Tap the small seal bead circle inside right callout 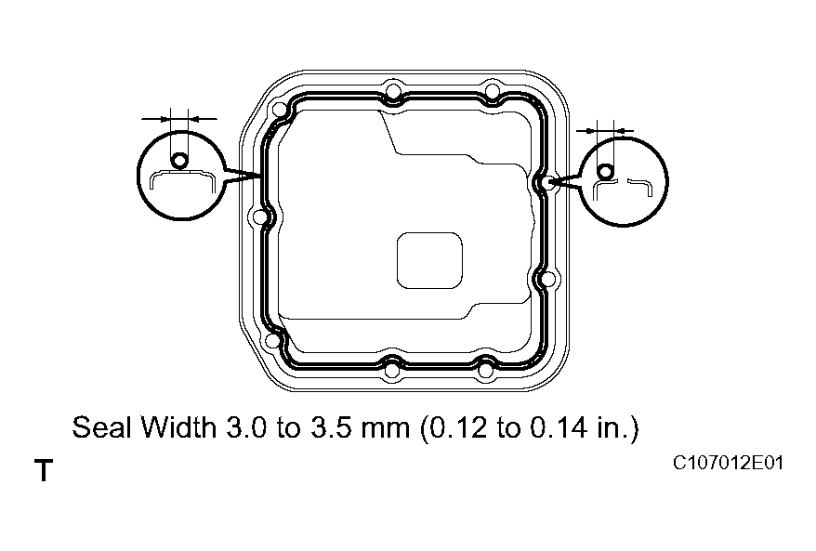(x=606, y=172)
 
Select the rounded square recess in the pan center (x=429, y=260)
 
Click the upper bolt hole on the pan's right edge (x=551, y=183)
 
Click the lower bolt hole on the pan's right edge (x=548, y=278)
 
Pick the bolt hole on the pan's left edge (x=258, y=217)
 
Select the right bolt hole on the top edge (x=492, y=92)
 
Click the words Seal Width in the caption (x=144, y=428)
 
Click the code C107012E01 (x=730, y=462)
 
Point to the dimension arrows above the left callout (x=178, y=118)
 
